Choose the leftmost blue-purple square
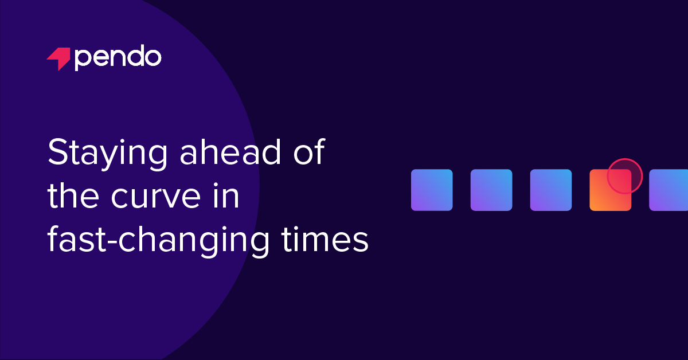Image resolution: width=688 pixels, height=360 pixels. pos(432,190)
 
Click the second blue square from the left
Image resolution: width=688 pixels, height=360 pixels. pos(491,190)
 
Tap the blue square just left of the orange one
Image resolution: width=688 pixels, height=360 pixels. pos(551,190)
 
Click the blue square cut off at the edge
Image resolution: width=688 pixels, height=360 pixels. pos(669,190)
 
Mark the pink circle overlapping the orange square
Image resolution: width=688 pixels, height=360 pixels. pos(624,176)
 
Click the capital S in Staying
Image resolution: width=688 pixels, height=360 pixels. pos(57,154)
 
